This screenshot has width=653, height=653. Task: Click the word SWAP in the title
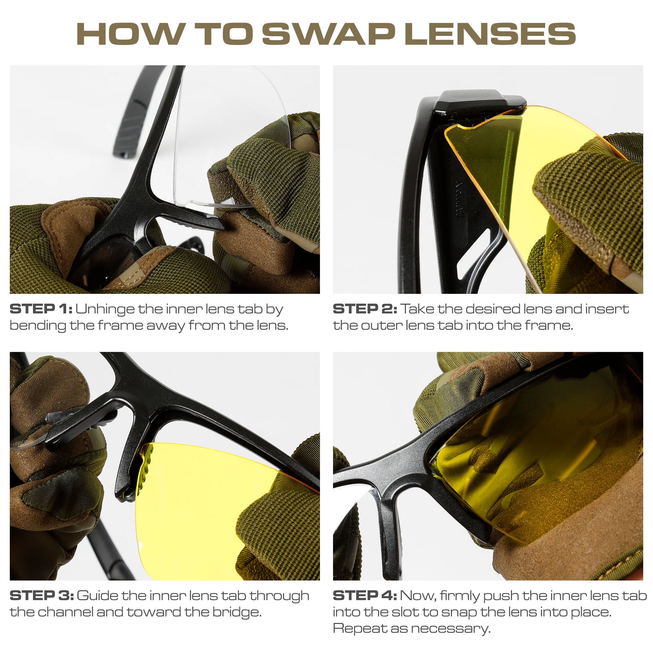[x=329, y=34]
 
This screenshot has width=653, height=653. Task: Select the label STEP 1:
[x=41, y=309]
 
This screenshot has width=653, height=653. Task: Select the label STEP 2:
[x=365, y=309]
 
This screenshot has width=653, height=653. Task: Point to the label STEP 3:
[x=42, y=596]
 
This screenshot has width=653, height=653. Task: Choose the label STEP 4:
[x=365, y=596]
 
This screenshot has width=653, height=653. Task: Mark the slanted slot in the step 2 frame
[x=472, y=254]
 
